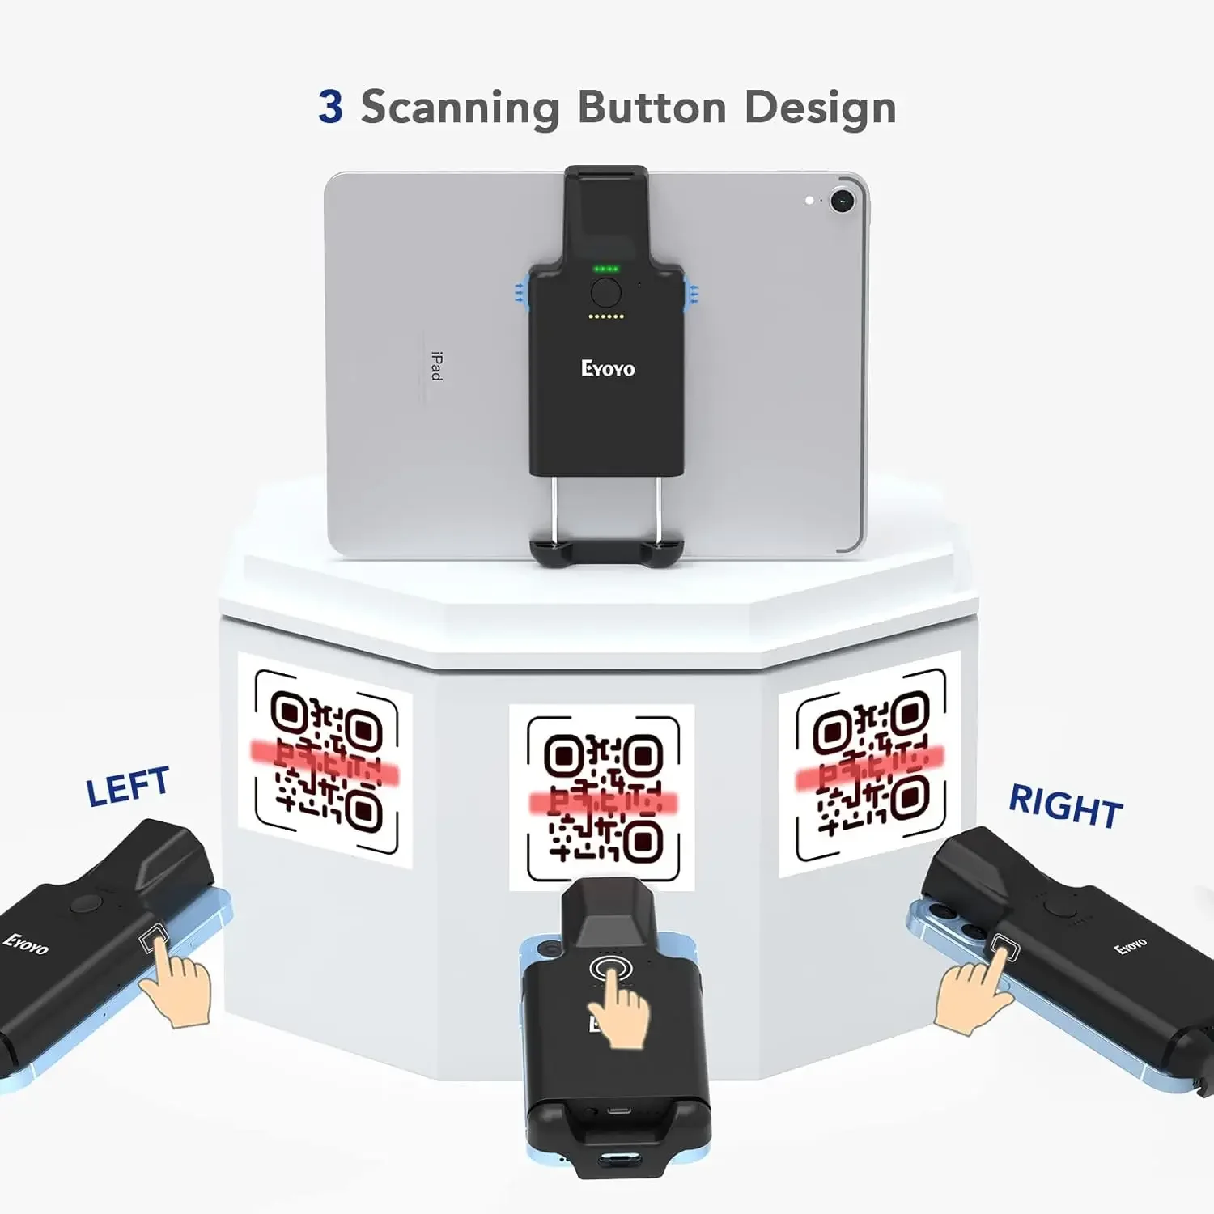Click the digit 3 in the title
tap(330, 107)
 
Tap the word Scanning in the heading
tap(460, 108)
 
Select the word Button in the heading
tap(652, 107)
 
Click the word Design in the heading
tap(820, 108)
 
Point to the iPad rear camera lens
tap(843, 200)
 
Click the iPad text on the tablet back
tap(436, 366)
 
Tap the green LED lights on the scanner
tap(606, 269)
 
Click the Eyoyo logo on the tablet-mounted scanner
tap(608, 369)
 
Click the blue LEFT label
tap(127, 787)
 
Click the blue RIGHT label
tap(1066, 806)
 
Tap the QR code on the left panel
tap(327, 761)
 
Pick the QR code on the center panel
tap(603, 798)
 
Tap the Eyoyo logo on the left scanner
tap(26, 944)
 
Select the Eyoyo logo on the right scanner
tap(1131, 946)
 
